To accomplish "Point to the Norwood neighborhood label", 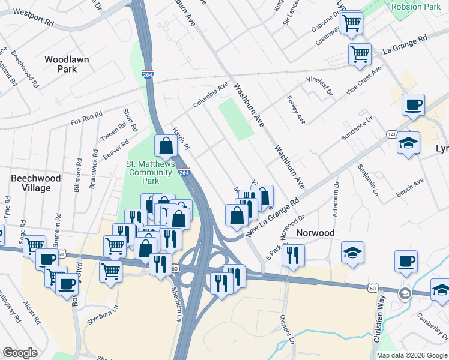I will (x=314, y=233).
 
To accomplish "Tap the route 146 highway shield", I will (x=392, y=134).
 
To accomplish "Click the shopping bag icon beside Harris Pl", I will (x=166, y=146).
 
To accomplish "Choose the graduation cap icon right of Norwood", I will (x=352, y=252).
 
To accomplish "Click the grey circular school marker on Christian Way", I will (x=405, y=293).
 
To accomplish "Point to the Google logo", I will (x=20, y=353).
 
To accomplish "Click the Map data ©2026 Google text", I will (x=412, y=355).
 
